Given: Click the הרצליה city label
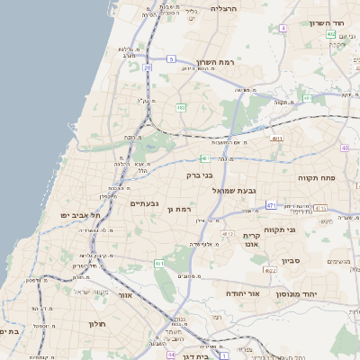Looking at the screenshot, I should [x=222, y=7].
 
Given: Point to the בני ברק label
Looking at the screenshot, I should [x=200, y=175].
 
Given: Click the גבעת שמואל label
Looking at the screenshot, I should [x=235, y=190].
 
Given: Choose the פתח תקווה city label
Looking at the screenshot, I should [x=316, y=178].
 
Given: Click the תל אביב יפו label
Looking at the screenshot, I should [x=80, y=216].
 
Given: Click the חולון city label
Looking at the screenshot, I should [x=98, y=323].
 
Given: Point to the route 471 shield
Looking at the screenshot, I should [x=271, y=206].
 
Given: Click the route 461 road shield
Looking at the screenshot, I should [x=158, y=264].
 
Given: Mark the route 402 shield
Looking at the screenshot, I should [x=331, y=34].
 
